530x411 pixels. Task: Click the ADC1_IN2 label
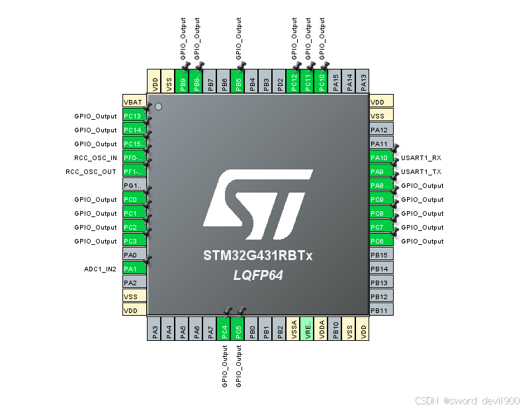101,269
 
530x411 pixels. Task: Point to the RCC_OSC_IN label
95,158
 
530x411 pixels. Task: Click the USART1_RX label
421,158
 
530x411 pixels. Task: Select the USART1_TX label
421,172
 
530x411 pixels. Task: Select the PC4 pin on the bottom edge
225,329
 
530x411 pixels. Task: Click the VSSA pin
294,329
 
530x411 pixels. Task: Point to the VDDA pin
322,329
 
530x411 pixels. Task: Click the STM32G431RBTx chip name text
257,255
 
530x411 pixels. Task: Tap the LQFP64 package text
257,275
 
